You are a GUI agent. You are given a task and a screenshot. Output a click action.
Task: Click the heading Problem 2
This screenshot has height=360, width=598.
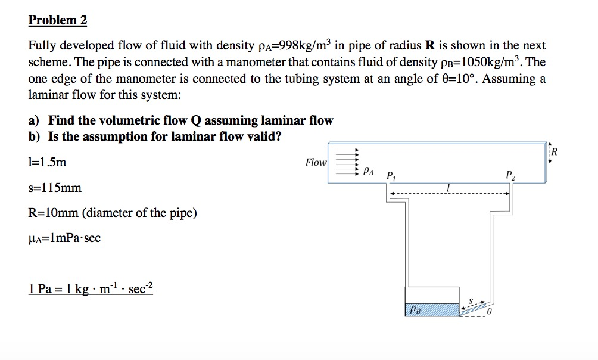click(x=58, y=20)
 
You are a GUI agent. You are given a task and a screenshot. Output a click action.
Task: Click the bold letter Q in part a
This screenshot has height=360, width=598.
click(x=194, y=120)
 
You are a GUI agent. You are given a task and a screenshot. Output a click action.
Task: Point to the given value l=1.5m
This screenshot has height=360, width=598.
click(x=48, y=162)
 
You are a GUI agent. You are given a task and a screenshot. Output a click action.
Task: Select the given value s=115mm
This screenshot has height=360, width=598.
click(x=55, y=188)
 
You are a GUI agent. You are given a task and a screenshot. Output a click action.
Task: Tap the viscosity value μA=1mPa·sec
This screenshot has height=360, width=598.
click(x=64, y=238)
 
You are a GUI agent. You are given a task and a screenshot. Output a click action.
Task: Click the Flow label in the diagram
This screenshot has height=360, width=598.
click(x=316, y=162)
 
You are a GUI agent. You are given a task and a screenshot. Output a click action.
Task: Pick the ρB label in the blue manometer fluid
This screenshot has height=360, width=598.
click(x=415, y=309)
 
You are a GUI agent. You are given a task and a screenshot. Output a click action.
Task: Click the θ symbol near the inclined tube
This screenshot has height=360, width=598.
click(x=490, y=311)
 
